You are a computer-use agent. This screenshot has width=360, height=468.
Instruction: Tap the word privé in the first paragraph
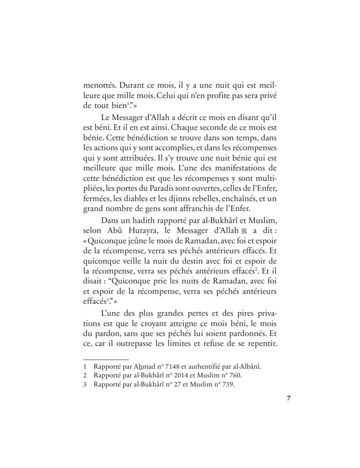(x=266, y=96)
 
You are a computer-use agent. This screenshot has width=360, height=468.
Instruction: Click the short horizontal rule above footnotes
(x=106, y=360)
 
